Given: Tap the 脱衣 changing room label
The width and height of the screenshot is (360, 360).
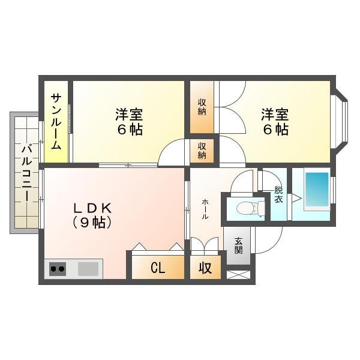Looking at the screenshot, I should pyautogui.click(x=278, y=194).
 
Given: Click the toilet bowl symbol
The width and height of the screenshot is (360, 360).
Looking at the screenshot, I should pyautogui.click(x=246, y=208).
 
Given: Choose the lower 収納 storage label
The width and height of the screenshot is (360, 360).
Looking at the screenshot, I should pyautogui.click(x=202, y=151).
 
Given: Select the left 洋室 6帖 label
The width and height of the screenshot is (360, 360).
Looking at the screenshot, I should pyautogui.click(x=129, y=121).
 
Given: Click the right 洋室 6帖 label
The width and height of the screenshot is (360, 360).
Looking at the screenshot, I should pyautogui.click(x=274, y=121).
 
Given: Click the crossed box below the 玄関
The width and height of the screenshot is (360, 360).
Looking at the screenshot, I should pyautogui.click(x=238, y=275).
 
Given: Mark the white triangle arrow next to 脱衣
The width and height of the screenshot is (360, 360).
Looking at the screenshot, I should pyautogui.click(x=295, y=198).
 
